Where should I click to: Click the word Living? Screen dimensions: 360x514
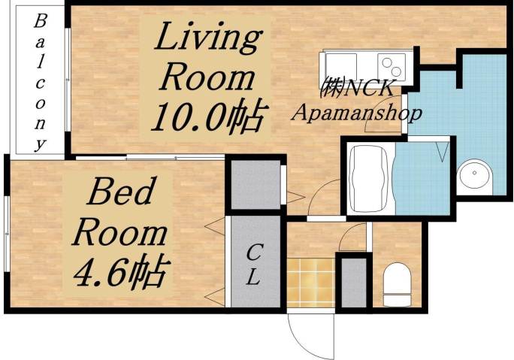(x=207, y=38)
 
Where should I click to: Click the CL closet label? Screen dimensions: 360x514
(x=254, y=265)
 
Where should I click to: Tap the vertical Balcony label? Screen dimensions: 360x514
(x=39, y=81)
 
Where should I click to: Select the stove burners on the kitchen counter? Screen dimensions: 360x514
(x=390, y=63)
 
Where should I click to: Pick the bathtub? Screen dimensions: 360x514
(x=368, y=178)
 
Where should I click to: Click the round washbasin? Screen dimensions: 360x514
(x=474, y=177)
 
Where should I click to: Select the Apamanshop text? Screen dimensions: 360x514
(x=355, y=113)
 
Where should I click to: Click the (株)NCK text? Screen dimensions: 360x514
(x=355, y=88)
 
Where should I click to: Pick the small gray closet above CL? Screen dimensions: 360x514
(x=253, y=184)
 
